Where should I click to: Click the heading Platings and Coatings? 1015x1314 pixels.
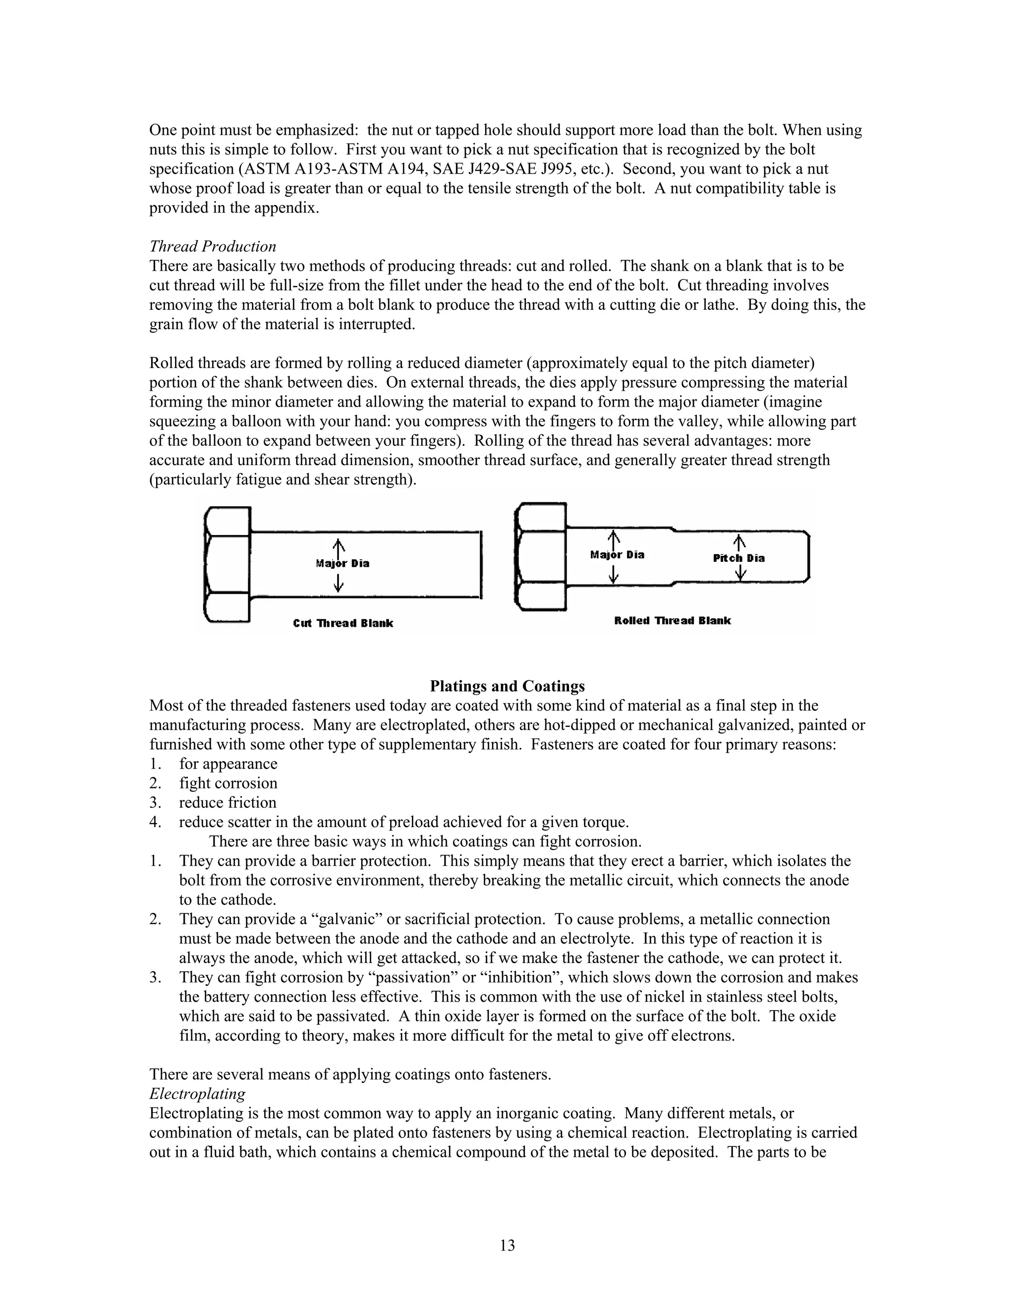tap(507, 686)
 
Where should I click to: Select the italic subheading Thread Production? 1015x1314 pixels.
tap(212, 246)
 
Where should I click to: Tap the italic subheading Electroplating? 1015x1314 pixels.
tap(197, 1093)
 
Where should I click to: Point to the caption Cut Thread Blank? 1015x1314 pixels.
tap(343, 623)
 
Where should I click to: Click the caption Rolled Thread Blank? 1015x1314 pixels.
tap(672, 620)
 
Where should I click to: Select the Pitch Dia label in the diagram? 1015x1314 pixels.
tap(739, 558)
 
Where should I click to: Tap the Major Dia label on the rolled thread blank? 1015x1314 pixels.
tap(617, 555)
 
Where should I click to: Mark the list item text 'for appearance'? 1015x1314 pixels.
tap(228, 764)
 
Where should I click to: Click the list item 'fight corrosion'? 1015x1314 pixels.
tap(228, 783)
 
